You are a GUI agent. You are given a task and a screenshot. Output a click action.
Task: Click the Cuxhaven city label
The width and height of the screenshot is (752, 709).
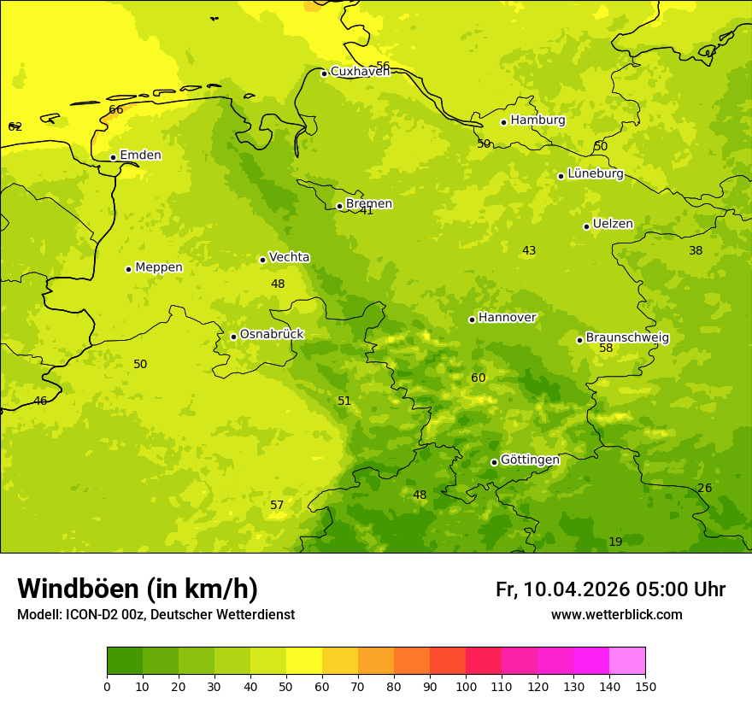(360, 72)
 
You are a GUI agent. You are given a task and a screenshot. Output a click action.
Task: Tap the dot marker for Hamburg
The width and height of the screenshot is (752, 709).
(504, 122)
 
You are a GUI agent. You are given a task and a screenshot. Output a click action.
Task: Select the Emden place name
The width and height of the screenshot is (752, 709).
(140, 155)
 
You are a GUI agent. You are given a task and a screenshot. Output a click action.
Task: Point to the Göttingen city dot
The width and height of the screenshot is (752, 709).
(494, 462)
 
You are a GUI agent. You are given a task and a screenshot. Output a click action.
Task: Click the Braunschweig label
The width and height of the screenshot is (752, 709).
(627, 338)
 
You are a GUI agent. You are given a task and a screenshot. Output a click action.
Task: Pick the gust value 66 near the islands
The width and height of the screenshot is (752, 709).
(116, 110)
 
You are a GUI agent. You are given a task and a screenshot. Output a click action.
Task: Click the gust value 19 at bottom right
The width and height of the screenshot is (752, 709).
(615, 542)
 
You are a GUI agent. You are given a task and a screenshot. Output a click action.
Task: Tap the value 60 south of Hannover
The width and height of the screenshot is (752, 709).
(479, 378)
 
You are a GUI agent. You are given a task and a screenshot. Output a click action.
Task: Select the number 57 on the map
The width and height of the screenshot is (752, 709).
(277, 506)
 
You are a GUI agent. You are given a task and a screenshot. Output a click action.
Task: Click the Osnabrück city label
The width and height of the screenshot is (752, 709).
(272, 335)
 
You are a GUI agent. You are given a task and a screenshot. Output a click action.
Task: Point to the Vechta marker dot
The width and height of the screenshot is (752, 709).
(262, 260)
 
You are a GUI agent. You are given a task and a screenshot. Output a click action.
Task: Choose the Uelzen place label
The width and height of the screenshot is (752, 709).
(613, 225)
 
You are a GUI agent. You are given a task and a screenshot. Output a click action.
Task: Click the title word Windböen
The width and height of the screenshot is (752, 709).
(78, 589)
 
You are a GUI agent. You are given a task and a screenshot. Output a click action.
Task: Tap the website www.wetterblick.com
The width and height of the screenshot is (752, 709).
(616, 615)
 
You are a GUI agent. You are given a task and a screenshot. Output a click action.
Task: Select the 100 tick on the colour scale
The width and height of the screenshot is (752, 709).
(466, 686)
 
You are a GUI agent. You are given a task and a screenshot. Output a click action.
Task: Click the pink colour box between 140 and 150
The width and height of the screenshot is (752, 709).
(627, 661)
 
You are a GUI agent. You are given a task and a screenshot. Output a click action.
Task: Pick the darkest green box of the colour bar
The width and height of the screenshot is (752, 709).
(125, 661)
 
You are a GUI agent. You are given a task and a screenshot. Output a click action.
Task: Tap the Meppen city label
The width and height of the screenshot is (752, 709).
(159, 267)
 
